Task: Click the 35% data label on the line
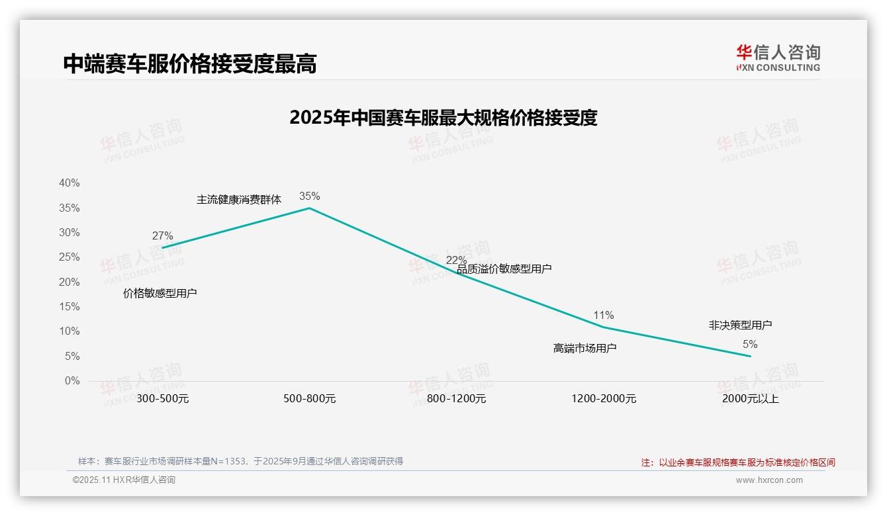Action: [x=309, y=196]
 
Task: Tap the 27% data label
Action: [x=162, y=236]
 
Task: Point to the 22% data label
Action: [x=456, y=260]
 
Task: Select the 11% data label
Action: [x=604, y=315]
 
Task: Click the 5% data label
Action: [x=750, y=344]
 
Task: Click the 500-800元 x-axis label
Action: [x=309, y=399]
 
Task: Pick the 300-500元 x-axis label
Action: [x=163, y=399]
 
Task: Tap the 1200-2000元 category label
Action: [x=604, y=399]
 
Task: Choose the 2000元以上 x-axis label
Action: [x=751, y=399]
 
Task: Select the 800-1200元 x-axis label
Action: [x=456, y=399]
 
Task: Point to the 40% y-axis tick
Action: [x=69, y=183]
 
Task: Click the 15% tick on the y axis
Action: [x=69, y=306]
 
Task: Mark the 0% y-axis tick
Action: [x=71, y=380]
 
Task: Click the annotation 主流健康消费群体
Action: [x=239, y=199]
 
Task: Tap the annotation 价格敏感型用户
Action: [x=160, y=293]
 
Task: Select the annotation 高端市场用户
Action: [x=585, y=348]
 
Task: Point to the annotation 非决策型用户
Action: [x=740, y=325]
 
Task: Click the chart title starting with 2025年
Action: [x=443, y=118]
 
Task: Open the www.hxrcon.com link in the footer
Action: [x=769, y=480]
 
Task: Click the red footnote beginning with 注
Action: [x=738, y=462]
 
